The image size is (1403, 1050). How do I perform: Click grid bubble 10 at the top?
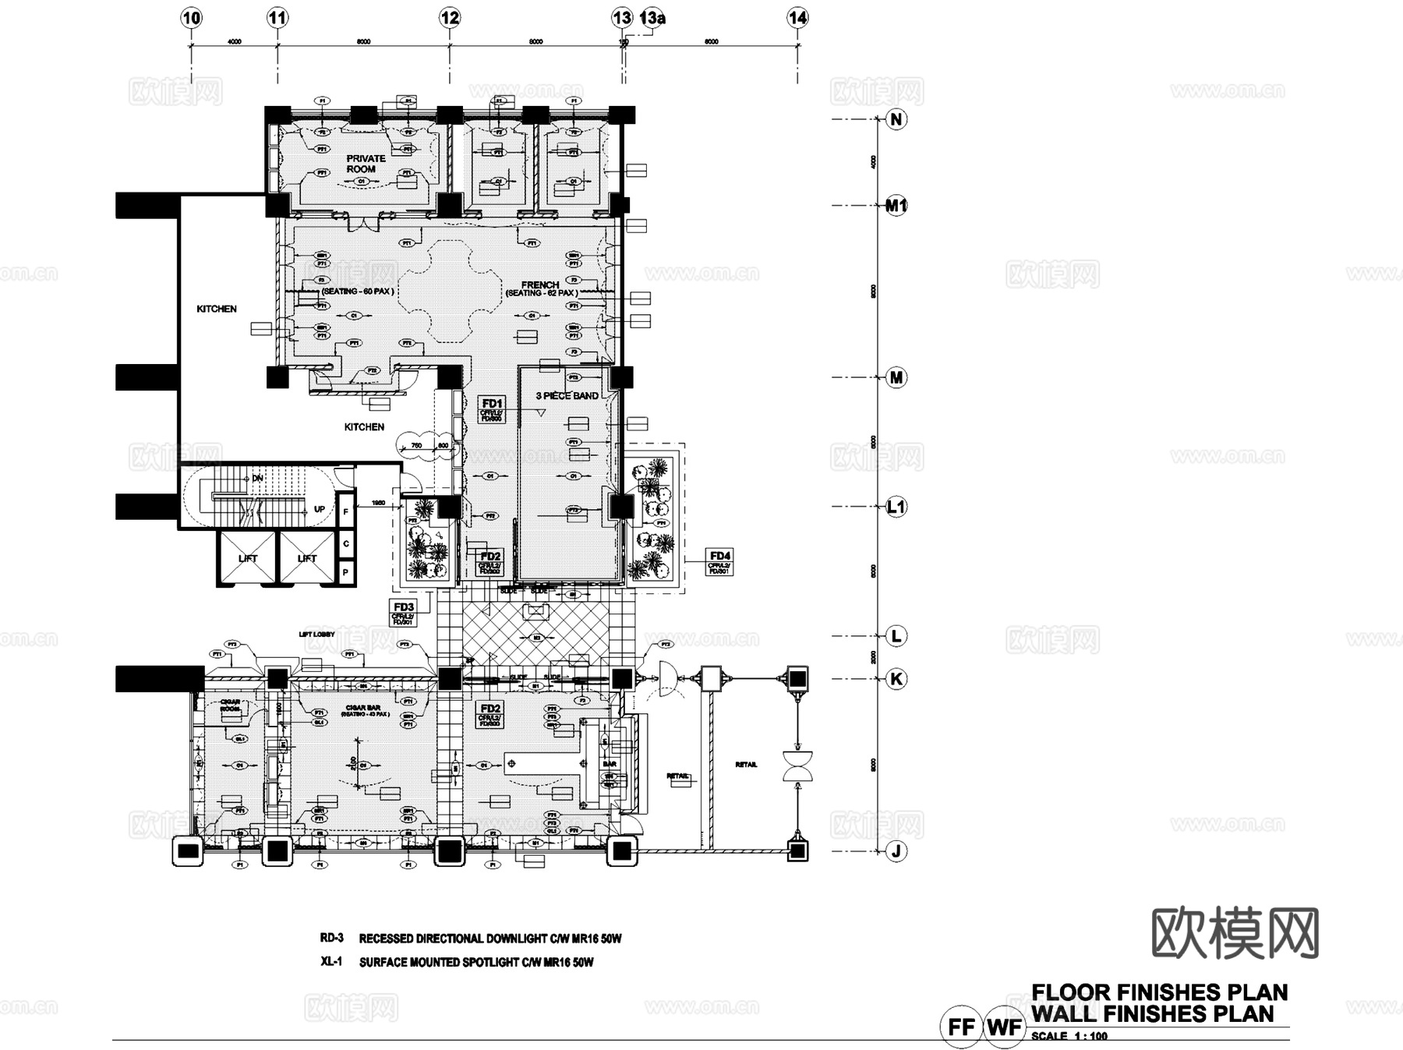coord(191,18)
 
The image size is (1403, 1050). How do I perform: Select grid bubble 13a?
coord(653,18)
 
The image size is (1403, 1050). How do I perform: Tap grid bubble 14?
coord(797,18)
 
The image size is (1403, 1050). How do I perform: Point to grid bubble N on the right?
coord(896,119)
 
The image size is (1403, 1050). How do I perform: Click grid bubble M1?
coord(896,206)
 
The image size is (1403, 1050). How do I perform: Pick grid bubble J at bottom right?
coord(896,851)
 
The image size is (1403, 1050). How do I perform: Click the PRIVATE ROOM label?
coord(365,164)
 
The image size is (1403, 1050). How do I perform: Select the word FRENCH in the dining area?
coord(540,285)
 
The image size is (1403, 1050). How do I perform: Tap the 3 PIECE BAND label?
coord(567,396)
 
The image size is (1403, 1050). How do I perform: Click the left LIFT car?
coord(248,558)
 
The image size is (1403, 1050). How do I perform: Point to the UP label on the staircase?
coord(320,510)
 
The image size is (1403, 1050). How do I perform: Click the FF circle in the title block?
coord(960,1027)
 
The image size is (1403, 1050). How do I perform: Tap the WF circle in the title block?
coord(1004,1027)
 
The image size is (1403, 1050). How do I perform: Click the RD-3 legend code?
coord(331,938)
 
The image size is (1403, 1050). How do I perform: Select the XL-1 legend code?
coord(331,962)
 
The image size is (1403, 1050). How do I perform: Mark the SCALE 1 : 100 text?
coord(1069,1036)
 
